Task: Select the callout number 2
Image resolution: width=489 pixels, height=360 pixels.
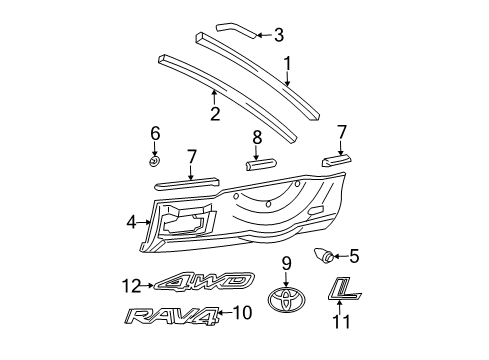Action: tap(215, 113)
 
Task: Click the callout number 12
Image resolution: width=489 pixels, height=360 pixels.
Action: tap(128, 285)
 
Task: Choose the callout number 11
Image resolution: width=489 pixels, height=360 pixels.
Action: tap(339, 322)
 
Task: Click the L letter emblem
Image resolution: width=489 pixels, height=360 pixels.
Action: tap(343, 289)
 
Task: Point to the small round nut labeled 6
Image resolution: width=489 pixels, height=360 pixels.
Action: tap(153, 161)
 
